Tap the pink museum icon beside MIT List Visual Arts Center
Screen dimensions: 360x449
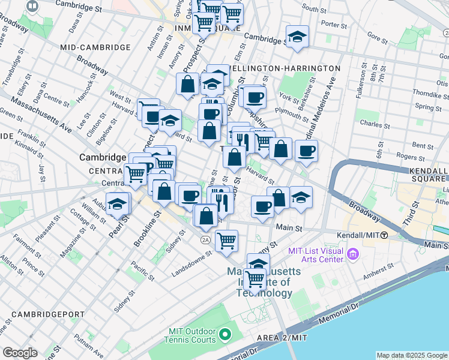(x=352, y=256)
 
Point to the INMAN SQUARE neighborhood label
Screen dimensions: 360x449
(x=207, y=28)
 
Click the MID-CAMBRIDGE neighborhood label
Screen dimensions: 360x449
(x=95, y=47)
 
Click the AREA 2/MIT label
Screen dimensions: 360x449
(x=282, y=338)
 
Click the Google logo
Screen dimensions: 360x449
(x=20, y=353)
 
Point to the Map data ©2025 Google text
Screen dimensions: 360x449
(x=411, y=355)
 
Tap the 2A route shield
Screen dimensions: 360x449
(x=205, y=239)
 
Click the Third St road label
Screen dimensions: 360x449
(x=410, y=213)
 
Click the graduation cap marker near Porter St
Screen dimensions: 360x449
(x=297, y=37)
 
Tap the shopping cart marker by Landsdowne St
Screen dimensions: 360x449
(x=227, y=241)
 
